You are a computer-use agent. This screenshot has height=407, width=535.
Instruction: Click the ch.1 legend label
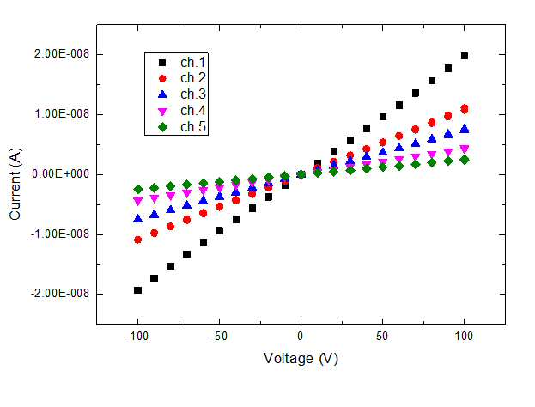click(193, 62)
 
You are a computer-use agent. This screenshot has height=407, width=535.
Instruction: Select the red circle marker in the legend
click(163, 79)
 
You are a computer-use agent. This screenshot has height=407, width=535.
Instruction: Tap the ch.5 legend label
click(193, 126)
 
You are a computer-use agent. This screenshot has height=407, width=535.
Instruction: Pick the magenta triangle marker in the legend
click(163, 112)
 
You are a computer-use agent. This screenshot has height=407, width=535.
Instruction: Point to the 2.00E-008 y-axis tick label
click(62, 54)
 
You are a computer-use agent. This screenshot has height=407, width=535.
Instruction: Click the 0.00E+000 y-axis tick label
click(61, 174)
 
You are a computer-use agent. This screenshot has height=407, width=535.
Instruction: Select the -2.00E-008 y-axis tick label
click(60, 293)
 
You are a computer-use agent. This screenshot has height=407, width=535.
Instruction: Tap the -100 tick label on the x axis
click(137, 337)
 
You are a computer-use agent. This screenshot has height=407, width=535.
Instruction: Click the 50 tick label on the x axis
click(382, 337)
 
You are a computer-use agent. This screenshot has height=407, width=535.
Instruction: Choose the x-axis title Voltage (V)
click(301, 359)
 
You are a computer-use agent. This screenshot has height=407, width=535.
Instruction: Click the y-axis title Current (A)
click(15, 184)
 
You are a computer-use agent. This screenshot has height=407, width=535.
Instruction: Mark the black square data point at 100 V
click(465, 56)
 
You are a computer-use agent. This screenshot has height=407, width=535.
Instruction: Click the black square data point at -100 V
click(138, 290)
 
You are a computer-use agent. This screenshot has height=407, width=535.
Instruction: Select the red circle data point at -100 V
click(138, 240)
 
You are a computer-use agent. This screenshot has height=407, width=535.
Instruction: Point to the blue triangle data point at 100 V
click(465, 129)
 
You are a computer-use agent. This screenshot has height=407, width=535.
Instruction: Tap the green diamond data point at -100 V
click(138, 190)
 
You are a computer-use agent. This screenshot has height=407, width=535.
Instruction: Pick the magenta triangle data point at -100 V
click(138, 201)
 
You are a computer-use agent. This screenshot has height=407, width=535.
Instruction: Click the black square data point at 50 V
click(383, 117)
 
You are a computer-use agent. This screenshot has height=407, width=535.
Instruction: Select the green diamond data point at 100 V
click(465, 160)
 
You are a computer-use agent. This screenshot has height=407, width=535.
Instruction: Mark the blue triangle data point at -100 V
click(138, 218)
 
